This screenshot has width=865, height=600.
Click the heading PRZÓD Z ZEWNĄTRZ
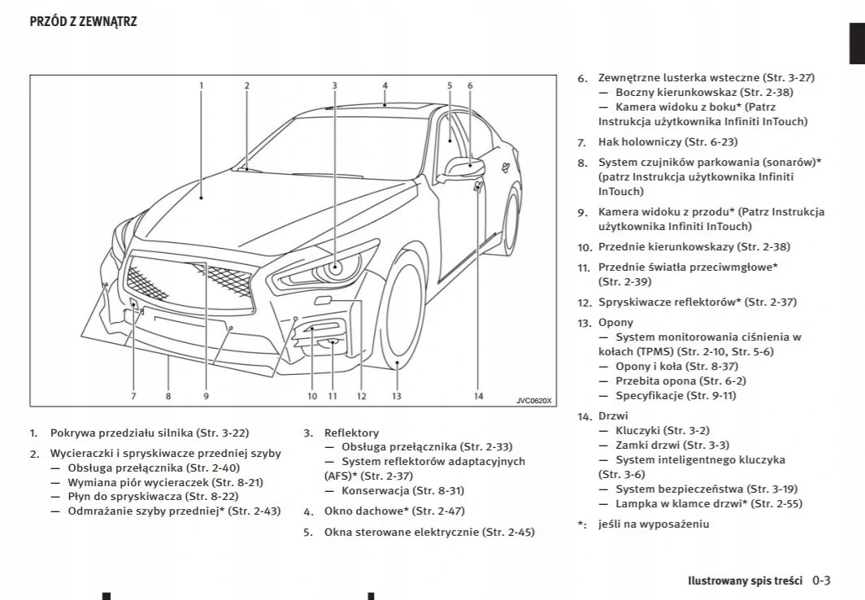[x=83, y=22]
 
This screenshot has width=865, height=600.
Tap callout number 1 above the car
[x=202, y=85]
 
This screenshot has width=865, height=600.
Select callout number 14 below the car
[x=478, y=396]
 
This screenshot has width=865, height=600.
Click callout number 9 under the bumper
[x=206, y=396]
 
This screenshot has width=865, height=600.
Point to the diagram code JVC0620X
[x=533, y=399]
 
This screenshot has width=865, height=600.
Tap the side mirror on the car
[x=466, y=166]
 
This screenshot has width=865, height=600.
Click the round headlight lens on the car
[x=337, y=267]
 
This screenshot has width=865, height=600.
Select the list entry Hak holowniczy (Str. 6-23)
[x=667, y=141]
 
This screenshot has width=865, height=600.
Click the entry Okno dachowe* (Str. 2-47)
[x=394, y=511]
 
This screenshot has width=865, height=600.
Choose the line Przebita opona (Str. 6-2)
[x=680, y=380]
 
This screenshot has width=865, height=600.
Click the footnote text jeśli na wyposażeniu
[x=653, y=524]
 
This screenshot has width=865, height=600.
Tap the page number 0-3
[x=821, y=580]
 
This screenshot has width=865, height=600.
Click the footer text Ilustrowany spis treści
[x=745, y=581]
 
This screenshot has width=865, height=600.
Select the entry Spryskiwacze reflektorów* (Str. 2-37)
[x=698, y=302]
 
